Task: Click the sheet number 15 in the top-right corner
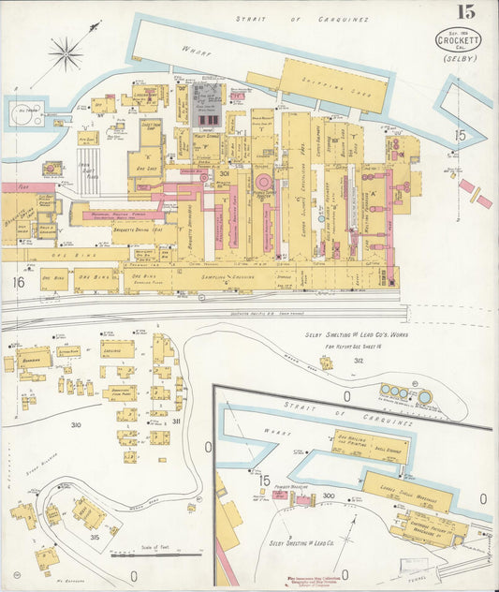click(464, 12)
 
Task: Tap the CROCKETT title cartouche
click(459, 39)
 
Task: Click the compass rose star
click(66, 52)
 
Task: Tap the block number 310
click(76, 424)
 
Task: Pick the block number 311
click(176, 422)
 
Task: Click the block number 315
click(95, 537)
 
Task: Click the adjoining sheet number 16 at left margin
click(18, 281)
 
